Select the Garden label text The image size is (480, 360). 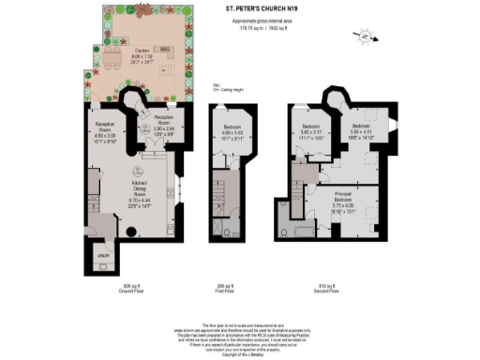click(x=142, y=50)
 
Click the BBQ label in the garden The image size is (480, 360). click(x=164, y=47)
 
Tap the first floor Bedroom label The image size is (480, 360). click(x=232, y=126)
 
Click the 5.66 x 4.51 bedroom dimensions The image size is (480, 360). click(x=362, y=131)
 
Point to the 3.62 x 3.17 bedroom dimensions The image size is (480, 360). click(x=311, y=131)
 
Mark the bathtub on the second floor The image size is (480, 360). click(x=307, y=230)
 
